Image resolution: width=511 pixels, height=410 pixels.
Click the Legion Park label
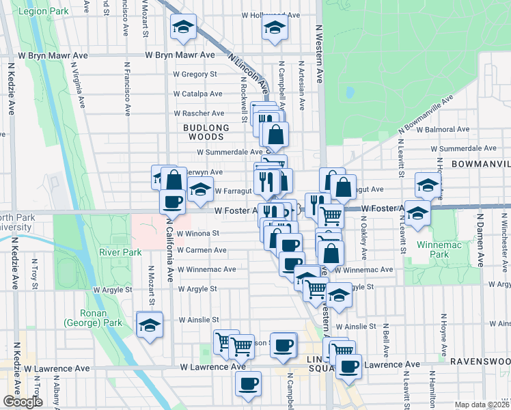point(44,12)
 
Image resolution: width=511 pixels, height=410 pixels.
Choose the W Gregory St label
point(195,74)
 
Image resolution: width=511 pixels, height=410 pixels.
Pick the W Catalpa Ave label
point(197,94)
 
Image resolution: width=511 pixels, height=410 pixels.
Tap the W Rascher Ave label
point(199,113)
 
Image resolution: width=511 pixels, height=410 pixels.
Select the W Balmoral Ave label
point(444,128)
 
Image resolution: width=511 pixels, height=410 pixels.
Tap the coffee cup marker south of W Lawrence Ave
point(249,383)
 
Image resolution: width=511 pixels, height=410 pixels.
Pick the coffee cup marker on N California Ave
point(172,201)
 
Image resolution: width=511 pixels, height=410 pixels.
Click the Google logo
point(23,402)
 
